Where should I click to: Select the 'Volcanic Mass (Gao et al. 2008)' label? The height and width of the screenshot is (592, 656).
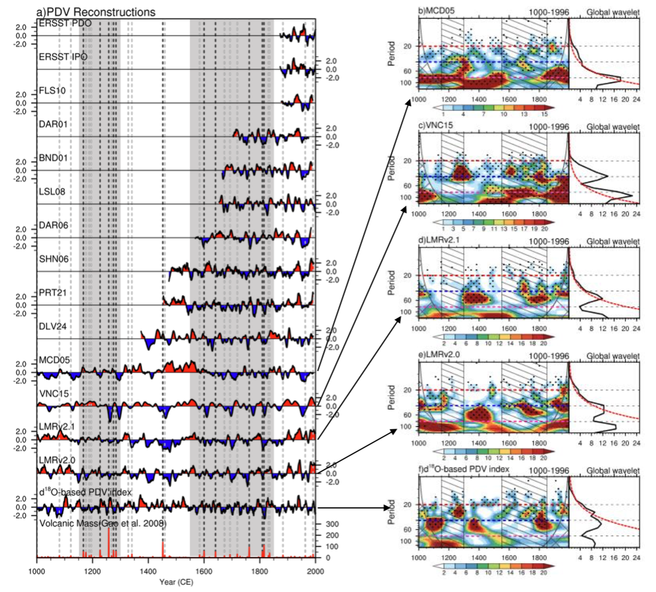(103, 524)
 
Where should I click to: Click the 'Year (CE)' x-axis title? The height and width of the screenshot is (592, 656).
(176, 581)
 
